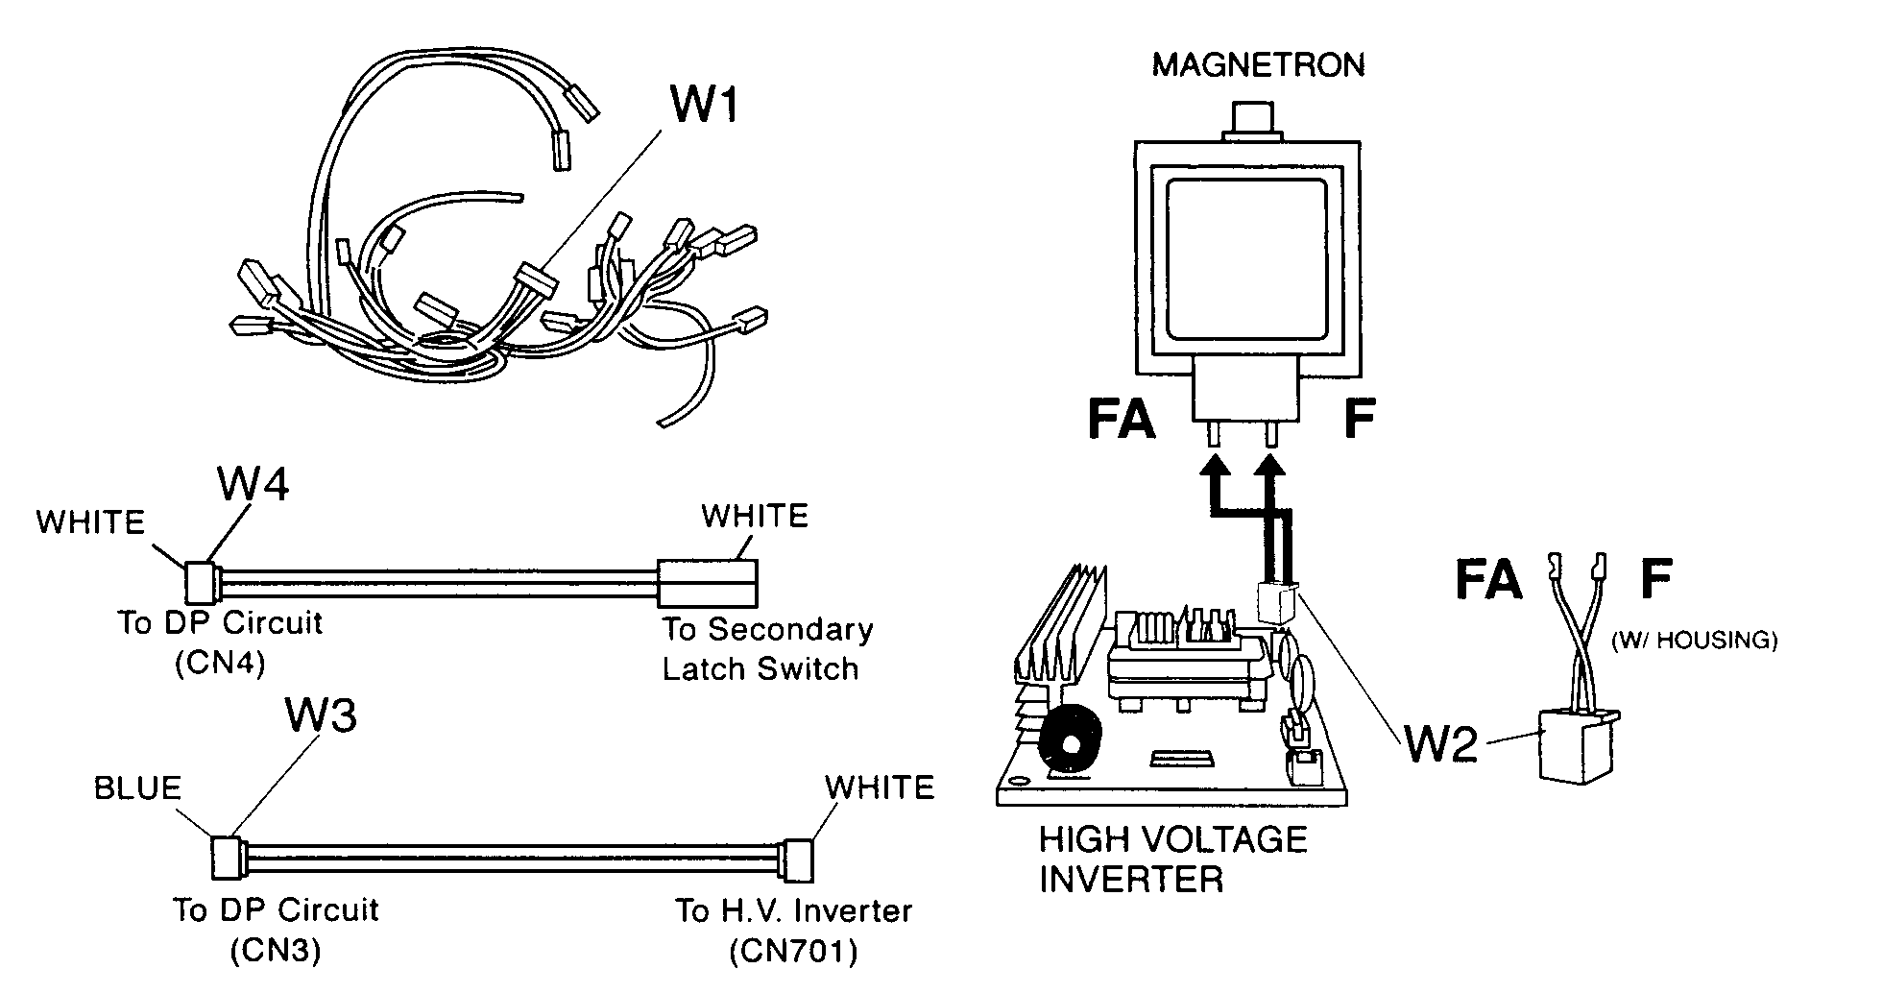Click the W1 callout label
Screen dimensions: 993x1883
pyautogui.click(x=704, y=104)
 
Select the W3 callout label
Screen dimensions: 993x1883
pyautogui.click(x=321, y=715)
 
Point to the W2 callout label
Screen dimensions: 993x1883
pyautogui.click(x=1440, y=744)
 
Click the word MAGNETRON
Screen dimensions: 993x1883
pyautogui.click(x=1258, y=65)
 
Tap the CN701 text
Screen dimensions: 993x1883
pyautogui.click(x=793, y=952)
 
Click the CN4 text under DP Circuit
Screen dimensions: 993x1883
pyautogui.click(x=220, y=665)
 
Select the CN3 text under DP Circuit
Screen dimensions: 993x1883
pyautogui.click(x=276, y=952)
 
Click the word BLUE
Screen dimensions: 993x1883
pyautogui.click(x=137, y=788)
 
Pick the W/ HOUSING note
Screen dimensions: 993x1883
pyautogui.click(x=1694, y=641)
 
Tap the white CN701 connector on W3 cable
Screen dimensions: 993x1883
pyautogui.click(x=798, y=860)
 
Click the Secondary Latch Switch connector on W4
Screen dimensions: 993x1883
pyautogui.click(x=708, y=583)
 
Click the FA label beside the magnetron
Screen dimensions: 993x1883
pyautogui.click(x=1121, y=420)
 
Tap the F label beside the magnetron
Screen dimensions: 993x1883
pyautogui.click(x=1358, y=420)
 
